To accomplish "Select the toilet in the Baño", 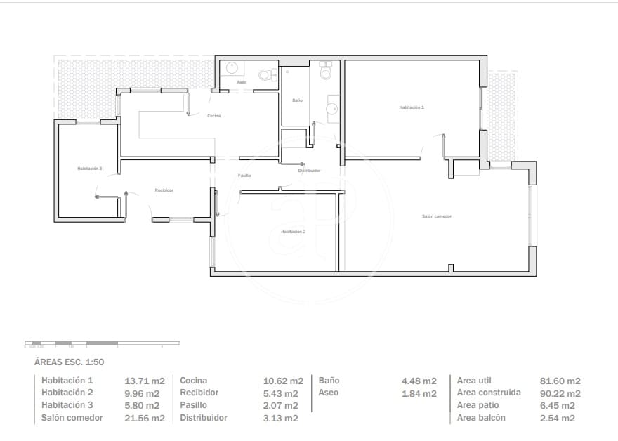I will [x=324, y=72].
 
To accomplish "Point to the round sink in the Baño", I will [x=332, y=109].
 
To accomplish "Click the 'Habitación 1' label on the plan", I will [x=412, y=107].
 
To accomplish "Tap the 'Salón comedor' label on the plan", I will [x=436, y=216].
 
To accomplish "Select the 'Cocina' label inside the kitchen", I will [x=214, y=116].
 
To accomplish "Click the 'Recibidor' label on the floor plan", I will [x=164, y=190].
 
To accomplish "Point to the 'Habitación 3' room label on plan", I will [x=90, y=169].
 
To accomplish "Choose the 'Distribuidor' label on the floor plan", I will [x=309, y=171].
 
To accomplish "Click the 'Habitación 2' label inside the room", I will [x=293, y=231].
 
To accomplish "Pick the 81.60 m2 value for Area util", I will [x=560, y=381].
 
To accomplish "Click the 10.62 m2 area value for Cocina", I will [x=283, y=381].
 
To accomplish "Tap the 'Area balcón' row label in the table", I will [x=481, y=417].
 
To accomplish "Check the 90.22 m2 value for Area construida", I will [x=560, y=393].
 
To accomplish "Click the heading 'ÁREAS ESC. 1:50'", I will [x=69, y=362].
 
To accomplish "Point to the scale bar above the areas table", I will [x=102, y=343].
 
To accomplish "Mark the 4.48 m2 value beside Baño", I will [x=419, y=381].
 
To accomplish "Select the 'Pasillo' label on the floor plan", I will [x=244, y=176].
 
